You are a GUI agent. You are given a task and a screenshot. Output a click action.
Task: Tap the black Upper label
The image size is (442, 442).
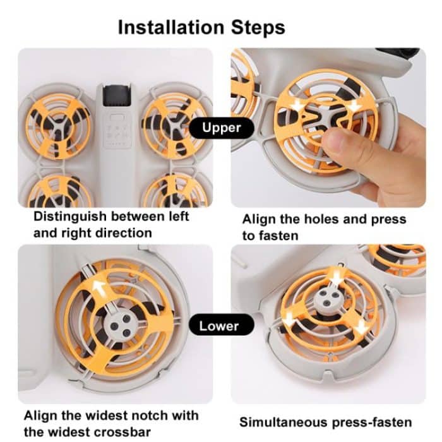[222, 128]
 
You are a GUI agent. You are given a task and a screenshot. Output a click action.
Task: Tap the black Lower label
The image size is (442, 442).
[219, 326]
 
